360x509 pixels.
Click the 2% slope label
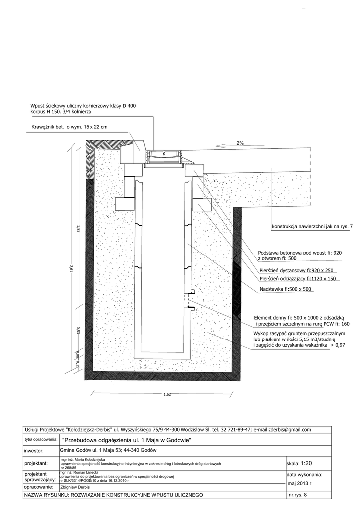click(240, 143)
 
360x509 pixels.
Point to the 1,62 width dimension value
click(167, 394)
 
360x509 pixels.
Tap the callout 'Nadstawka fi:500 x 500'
click(285, 289)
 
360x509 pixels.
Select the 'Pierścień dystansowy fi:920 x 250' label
click(296, 271)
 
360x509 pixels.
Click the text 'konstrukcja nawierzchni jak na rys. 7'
click(312, 228)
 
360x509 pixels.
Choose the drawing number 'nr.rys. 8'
click(298, 496)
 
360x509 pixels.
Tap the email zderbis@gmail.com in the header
click(285, 430)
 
